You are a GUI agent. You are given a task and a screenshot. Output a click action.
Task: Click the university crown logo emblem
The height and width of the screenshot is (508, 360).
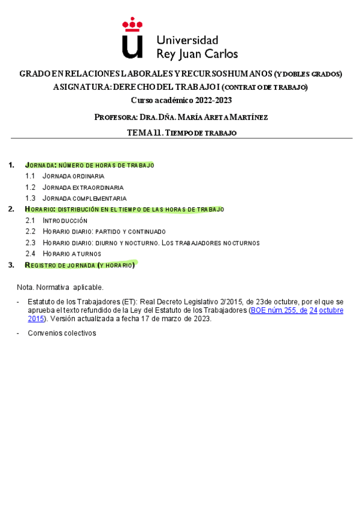[x=132, y=38]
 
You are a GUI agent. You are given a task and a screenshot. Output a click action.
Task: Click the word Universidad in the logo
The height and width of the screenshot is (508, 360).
[x=187, y=40]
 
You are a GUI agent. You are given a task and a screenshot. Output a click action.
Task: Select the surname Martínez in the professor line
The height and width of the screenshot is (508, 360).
[x=247, y=117]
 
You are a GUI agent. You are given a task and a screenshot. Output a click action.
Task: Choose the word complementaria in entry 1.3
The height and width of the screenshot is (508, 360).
[x=99, y=198]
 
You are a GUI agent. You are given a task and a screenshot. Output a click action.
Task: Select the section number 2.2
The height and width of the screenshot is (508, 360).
[x=31, y=231]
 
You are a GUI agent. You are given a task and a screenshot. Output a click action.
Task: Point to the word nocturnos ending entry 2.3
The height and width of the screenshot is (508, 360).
[x=238, y=243]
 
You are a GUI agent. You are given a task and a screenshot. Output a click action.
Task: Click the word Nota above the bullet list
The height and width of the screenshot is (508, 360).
[x=25, y=287]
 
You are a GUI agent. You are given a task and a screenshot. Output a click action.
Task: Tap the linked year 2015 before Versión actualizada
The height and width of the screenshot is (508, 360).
[x=36, y=319]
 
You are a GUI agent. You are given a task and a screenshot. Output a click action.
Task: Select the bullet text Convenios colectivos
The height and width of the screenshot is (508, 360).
[x=62, y=333]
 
